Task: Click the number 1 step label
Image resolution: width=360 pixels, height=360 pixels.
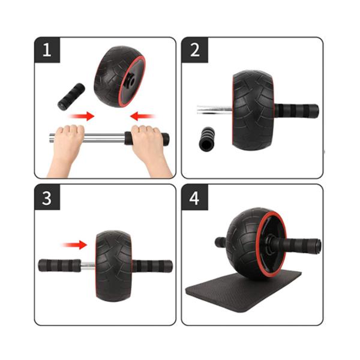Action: (x=47, y=50)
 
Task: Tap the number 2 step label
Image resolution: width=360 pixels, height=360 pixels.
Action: (x=194, y=50)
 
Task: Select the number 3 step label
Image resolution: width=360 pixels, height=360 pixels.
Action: (x=47, y=197)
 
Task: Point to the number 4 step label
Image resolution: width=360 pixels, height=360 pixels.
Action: (x=194, y=197)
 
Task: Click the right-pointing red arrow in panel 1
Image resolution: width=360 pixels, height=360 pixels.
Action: (x=82, y=116)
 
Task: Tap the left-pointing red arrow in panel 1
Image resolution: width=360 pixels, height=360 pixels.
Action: (x=142, y=116)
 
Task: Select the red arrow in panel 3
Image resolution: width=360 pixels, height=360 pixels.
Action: (x=74, y=245)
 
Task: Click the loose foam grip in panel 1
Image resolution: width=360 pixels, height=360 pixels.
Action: (x=71, y=97)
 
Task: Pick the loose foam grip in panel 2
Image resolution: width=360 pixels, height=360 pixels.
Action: (x=206, y=139)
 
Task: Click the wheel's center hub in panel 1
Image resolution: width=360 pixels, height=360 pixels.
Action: (x=129, y=82)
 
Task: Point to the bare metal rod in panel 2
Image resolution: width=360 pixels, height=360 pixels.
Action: (x=214, y=110)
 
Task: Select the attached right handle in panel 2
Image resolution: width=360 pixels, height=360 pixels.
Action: (x=296, y=110)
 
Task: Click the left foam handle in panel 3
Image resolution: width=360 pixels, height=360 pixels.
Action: (x=59, y=265)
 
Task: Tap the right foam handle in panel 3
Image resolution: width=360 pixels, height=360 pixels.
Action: (x=152, y=266)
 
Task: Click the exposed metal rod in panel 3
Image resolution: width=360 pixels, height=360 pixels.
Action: (x=88, y=266)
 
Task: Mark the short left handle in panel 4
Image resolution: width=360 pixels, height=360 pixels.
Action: (x=220, y=242)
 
